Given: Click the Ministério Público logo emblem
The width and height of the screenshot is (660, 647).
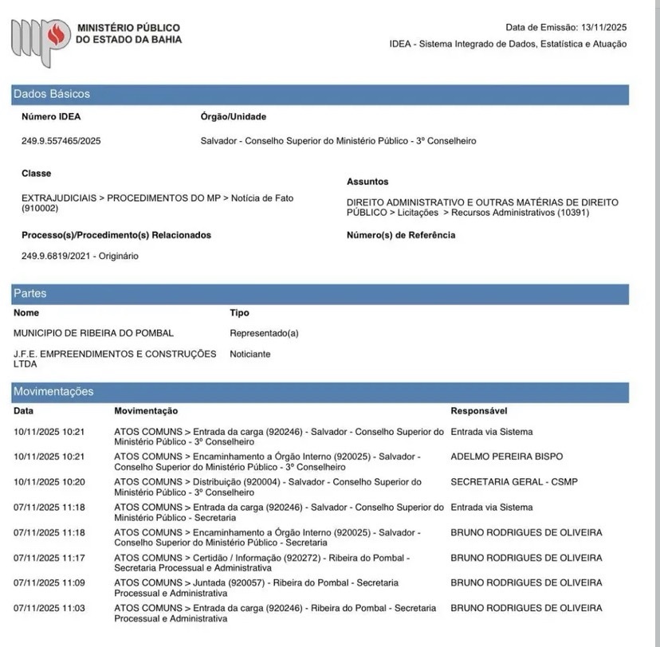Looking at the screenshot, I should click(x=40, y=39).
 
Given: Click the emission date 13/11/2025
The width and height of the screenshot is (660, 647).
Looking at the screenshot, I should click(x=603, y=27).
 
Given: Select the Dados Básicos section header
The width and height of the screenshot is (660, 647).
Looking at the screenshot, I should click(x=52, y=94).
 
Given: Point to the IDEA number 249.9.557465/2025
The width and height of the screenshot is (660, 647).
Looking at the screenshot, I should click(x=61, y=141).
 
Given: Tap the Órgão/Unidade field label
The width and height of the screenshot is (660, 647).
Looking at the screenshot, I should click(x=234, y=116).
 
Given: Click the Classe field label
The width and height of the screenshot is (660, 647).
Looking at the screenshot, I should click(x=36, y=173).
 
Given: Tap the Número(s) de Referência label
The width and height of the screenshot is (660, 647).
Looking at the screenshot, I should click(x=401, y=235).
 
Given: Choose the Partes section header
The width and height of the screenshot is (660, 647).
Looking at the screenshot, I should click(x=30, y=293).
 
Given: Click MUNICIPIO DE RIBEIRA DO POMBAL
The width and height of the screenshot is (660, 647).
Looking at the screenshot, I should click(x=93, y=333).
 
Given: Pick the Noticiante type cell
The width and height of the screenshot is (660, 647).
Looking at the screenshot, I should click(x=249, y=354).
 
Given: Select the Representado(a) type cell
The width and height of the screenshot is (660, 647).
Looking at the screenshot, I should click(x=264, y=333).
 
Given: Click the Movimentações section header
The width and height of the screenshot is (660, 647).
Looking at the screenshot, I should click(x=53, y=391).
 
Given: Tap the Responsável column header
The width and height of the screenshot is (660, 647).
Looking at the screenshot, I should click(x=479, y=411).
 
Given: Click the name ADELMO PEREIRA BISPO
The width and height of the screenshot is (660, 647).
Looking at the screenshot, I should click(x=506, y=457).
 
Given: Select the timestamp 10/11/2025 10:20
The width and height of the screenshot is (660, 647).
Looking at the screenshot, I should click(x=49, y=482).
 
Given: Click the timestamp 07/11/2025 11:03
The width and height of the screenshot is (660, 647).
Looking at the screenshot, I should click(x=49, y=609).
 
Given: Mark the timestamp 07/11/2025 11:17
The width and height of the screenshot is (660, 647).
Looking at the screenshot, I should click(x=49, y=558).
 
